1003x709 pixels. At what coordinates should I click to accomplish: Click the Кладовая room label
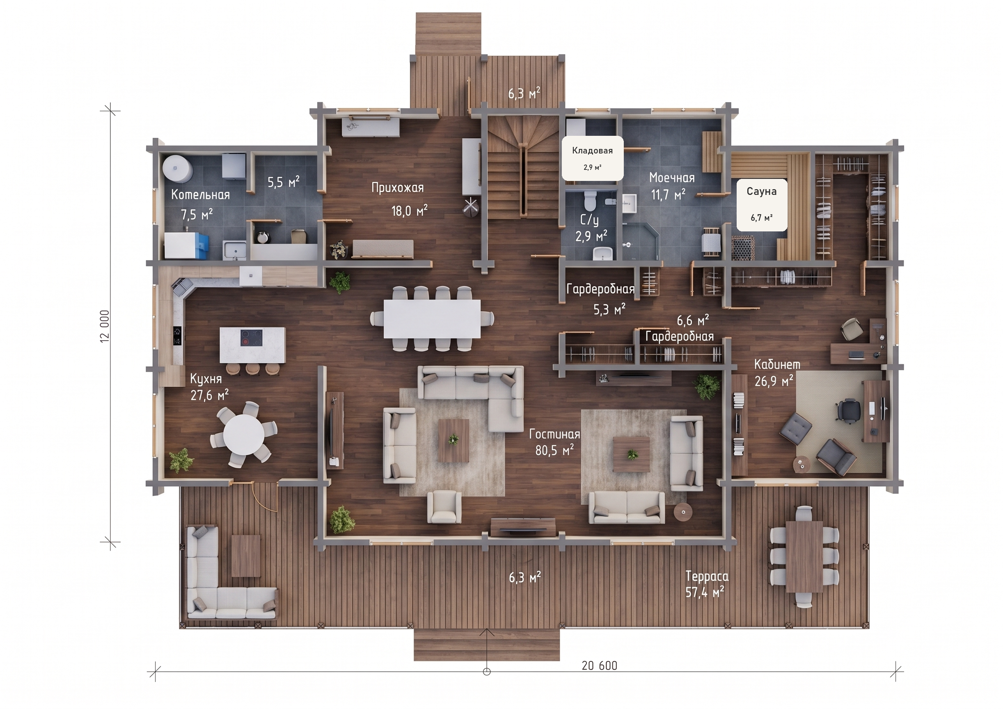coord(592,150)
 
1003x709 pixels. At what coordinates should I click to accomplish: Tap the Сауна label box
coord(762,204)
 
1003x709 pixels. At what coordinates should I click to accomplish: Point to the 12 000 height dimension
coord(105,326)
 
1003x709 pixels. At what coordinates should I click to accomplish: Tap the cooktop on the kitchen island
coord(252,338)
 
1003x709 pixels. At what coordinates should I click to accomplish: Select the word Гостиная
coord(554,434)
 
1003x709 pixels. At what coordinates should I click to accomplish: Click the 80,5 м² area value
coord(554,450)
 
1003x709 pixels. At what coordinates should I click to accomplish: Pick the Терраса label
coord(707,576)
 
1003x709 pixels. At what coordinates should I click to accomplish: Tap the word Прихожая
coord(398,188)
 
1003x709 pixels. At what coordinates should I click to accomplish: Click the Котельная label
coord(201,195)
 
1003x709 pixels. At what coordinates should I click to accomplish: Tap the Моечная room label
coord(672,178)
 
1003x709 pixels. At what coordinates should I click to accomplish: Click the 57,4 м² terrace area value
coord(705,592)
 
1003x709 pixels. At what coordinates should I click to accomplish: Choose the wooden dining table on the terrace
coord(804,556)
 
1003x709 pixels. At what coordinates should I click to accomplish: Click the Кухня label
coord(206,379)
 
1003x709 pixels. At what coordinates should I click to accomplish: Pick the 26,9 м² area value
coord(774,381)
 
